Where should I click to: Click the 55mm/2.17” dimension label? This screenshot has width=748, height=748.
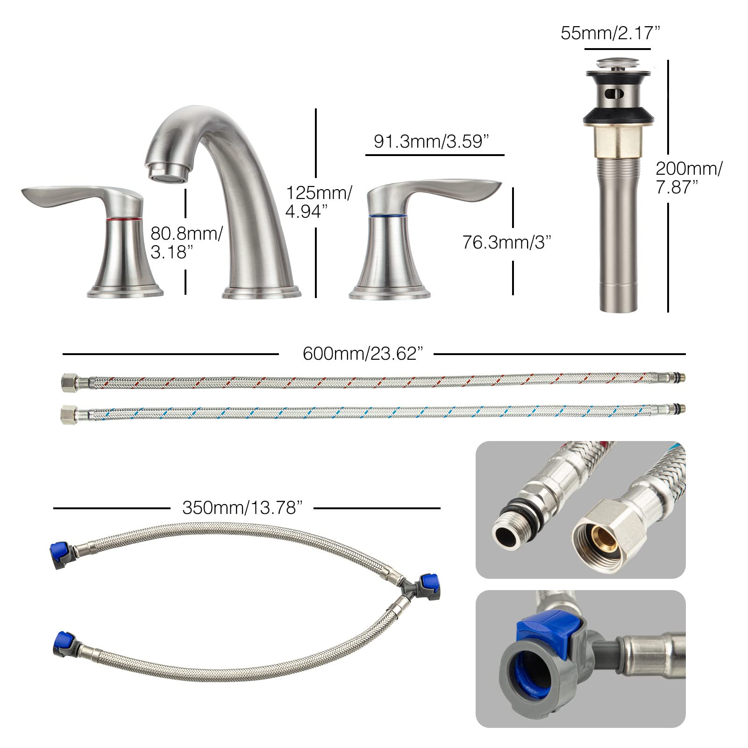[610, 34]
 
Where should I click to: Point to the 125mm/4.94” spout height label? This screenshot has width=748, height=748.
[319, 202]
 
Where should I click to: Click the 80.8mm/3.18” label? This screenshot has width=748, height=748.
[186, 242]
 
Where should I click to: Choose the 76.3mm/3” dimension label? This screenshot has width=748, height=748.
[507, 242]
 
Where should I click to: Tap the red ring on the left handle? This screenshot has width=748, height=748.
[124, 219]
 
